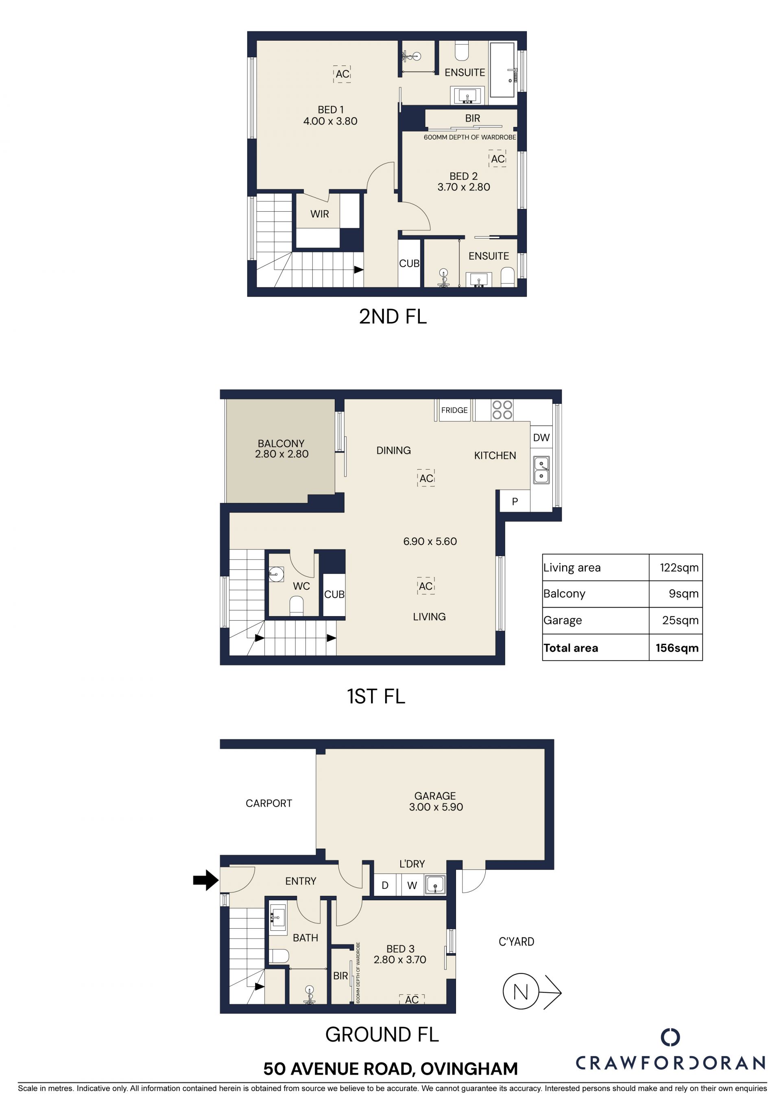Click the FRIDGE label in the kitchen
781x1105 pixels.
(454, 410)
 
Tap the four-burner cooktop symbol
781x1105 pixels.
(502, 410)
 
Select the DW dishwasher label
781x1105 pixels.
(541, 438)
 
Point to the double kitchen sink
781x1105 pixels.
(541, 470)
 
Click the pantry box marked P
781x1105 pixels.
(515, 501)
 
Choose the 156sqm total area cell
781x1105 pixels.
(676, 648)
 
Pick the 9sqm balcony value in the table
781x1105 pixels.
(683, 593)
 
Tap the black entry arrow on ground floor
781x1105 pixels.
(206, 880)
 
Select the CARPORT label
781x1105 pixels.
(268, 803)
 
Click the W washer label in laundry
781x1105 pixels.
(412, 885)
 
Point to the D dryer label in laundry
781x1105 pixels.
(385, 885)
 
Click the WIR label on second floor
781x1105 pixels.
(319, 214)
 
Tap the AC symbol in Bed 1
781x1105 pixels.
(342, 74)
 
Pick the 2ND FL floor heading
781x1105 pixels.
(393, 316)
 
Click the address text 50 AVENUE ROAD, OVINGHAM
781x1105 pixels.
(390, 1068)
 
